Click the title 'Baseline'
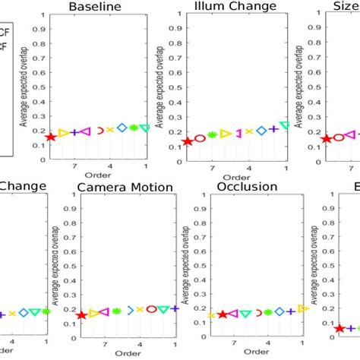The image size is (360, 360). click(x=97, y=8)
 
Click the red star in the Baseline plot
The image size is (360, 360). click(x=51, y=137)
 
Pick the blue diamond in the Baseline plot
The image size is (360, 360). click(x=121, y=128)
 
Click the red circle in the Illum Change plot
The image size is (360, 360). click(x=200, y=138)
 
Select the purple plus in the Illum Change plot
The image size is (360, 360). click(x=273, y=129)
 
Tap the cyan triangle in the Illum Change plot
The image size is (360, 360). click(x=285, y=125)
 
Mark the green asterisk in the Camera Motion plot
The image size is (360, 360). click(x=117, y=311)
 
